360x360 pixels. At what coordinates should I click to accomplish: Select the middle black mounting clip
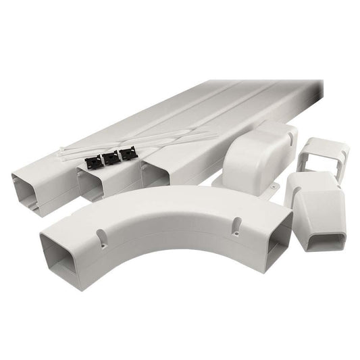pyautogui.click(x=109, y=158)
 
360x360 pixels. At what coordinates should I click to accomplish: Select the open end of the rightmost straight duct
pyautogui.click(x=155, y=174)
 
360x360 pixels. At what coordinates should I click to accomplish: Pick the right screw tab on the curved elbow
pyautogui.click(x=237, y=226)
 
